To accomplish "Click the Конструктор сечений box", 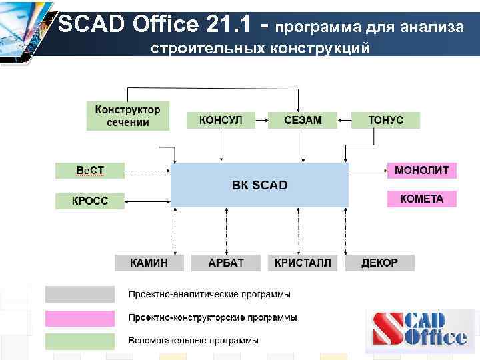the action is pos(127,115).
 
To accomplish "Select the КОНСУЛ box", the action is pos(221,120).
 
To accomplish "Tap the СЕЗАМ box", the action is pos(302,120).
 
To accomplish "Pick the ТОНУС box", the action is pos(386,120).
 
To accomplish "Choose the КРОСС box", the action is pos(90,200).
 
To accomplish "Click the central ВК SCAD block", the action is pos(259,185).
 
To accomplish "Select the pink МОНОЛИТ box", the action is pos(422,170).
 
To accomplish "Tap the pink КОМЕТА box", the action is pos(422,199).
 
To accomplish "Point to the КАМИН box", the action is pos(149,263).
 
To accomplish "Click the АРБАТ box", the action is pos(227,263).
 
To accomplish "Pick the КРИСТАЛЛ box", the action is pos(303,263).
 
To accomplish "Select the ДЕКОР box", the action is pos(379,263).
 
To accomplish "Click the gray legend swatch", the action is pos(79,294).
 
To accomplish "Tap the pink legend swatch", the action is pos(79,317).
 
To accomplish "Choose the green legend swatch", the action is pos(79,341).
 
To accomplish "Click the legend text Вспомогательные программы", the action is pos(193,341).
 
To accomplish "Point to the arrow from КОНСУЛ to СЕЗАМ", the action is pos(256,121).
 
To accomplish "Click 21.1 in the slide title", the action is pos(227,25).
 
